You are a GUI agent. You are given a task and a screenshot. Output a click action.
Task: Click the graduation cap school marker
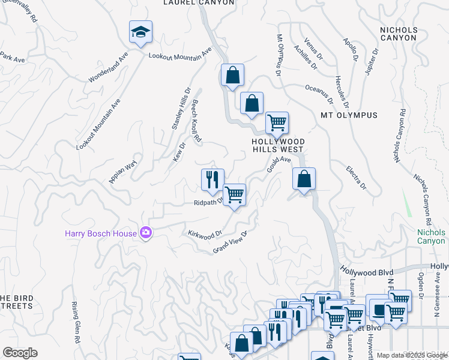pos(140,32)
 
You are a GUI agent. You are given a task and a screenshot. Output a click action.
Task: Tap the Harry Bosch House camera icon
pos(145,232)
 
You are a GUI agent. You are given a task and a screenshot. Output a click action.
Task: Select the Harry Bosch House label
pos(101,232)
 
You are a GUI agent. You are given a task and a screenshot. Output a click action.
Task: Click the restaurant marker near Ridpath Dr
pos(212,180)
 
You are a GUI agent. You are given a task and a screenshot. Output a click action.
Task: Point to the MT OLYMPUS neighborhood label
pos(349,115)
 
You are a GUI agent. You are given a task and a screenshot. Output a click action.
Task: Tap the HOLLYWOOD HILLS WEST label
pos(279,145)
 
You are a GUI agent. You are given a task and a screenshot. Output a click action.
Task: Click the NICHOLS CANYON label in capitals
pos(398,33)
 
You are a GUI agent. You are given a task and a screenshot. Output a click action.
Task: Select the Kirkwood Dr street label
pos(205,233)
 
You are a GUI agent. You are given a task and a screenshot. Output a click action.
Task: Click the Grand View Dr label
pos(231,243)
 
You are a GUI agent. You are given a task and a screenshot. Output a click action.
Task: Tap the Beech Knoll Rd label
pos(196,122)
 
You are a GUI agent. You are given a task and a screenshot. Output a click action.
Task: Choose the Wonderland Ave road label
pos(109,67)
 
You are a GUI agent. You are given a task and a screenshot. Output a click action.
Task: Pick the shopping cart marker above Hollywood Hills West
pos(277,123)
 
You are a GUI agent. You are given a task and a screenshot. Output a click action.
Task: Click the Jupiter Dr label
pos(372,62)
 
